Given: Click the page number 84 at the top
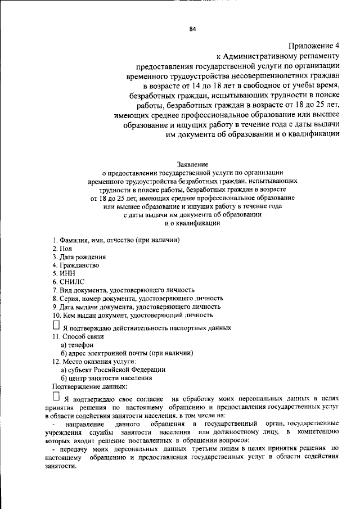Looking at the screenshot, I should pos(192,29).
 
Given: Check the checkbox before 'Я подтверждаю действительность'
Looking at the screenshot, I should pos(56,326).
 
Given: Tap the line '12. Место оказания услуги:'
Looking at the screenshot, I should pos(93,361).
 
